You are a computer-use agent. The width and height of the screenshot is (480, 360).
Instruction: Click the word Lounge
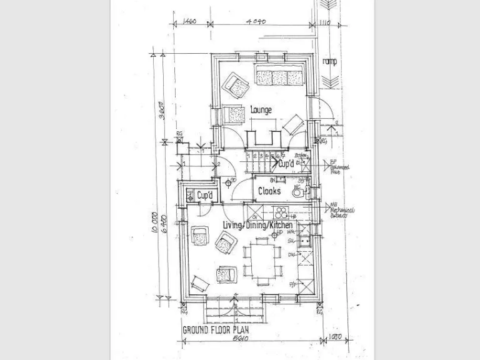(x=261, y=110)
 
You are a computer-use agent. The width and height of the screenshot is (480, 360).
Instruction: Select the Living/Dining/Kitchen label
(x=257, y=224)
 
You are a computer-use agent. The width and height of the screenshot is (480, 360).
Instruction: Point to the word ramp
(x=329, y=61)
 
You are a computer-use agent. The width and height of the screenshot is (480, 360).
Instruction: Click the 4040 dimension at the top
(x=257, y=21)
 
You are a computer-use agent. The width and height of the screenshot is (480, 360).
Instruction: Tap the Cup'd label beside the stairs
(x=286, y=164)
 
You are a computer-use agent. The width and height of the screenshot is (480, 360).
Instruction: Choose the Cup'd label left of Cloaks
(x=206, y=196)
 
